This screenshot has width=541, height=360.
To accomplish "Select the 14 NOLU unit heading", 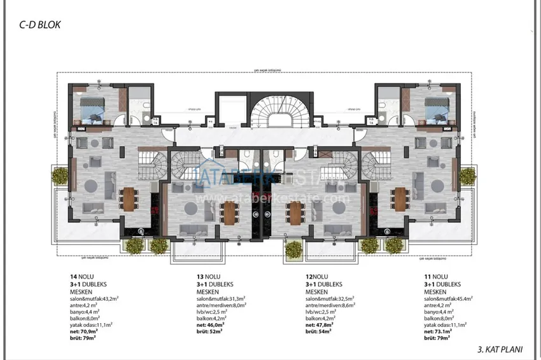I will [83, 277].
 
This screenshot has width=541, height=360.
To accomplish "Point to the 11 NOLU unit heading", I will [437, 277].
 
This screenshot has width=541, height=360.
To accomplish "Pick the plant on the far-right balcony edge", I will [468, 176].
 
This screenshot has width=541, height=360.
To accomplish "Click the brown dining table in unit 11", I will [400, 198].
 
